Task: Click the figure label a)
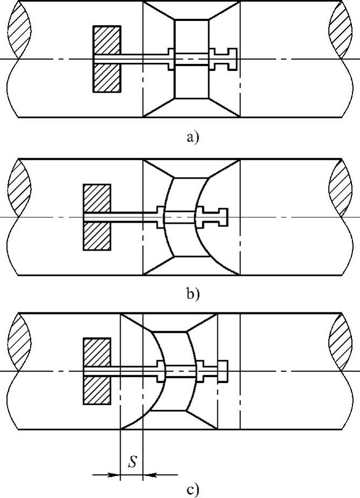192,138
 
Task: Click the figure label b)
192,294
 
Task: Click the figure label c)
192,489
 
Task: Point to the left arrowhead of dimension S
114,474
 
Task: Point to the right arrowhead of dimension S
150,474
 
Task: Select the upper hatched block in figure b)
97,198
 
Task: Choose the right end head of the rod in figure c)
223,370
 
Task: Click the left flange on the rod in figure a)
172,58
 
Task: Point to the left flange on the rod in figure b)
160,216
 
